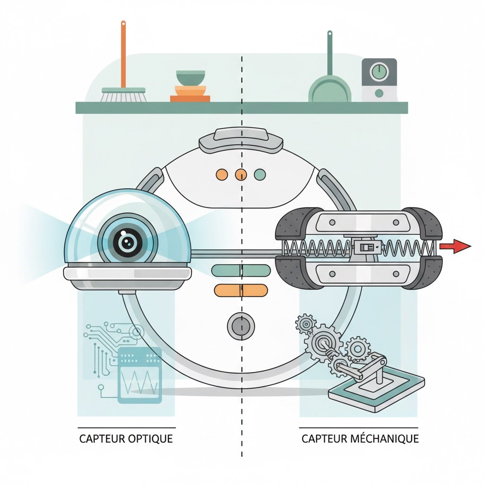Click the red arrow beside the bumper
coord(455,246)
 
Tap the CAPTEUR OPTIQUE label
coord(126,439)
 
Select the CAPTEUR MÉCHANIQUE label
coord(360,439)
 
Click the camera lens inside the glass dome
coord(126,243)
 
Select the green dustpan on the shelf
coord(329,90)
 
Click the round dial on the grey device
coord(379,72)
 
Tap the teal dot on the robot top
coord(260,175)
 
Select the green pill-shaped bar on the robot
coord(241,270)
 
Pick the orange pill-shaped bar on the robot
coord(241,290)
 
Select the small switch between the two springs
coord(365,247)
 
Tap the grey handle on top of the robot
coord(241,140)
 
